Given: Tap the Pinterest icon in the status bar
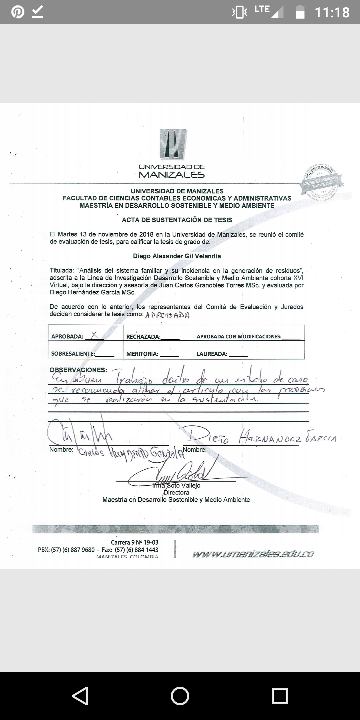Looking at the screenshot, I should coord(17,12).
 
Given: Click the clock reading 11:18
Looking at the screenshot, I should coord(332,13).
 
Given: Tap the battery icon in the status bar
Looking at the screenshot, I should coord(300,12).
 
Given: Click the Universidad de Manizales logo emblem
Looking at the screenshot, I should coord(172,144).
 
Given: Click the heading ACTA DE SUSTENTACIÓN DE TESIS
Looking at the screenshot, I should coord(177,220).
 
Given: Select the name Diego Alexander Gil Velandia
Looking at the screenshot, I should coord(177,256).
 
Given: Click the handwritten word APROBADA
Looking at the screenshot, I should coord(168,315).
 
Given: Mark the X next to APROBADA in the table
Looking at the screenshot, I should coord(94,335).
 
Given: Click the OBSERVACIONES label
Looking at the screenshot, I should coord(78,370).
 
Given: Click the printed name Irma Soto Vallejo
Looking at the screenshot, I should coord(177,486).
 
